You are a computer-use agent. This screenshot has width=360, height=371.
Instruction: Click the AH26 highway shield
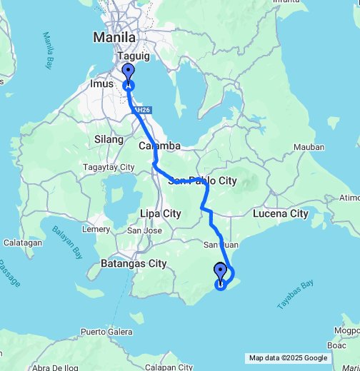coord(143,110)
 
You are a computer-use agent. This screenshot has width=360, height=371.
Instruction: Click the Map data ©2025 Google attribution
coord(288,358)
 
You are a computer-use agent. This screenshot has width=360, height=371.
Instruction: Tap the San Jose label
coord(144,230)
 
